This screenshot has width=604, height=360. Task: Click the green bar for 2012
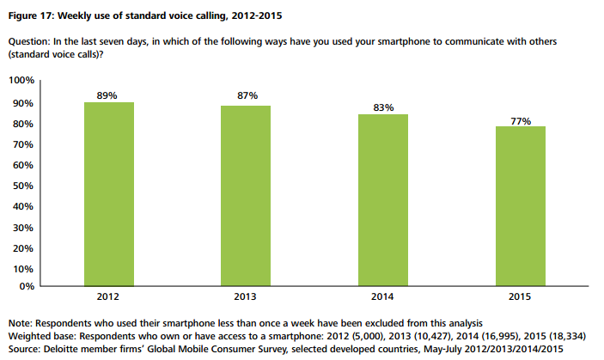[108, 193]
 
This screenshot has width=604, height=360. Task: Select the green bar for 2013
[246, 195]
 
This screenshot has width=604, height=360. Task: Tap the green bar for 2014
[383, 199]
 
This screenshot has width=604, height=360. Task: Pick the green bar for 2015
[521, 205]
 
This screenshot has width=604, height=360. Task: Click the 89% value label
[108, 95]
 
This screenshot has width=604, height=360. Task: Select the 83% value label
[383, 107]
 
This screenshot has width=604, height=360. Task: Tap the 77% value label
[521, 120]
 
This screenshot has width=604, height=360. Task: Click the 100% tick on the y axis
[21, 82]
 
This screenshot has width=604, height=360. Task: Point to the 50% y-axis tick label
[23, 186]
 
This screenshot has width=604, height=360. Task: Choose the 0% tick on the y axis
[27, 285]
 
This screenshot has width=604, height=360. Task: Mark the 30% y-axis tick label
[23, 228]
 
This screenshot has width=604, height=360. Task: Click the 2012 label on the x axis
[108, 297]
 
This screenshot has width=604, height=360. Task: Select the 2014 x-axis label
[383, 297]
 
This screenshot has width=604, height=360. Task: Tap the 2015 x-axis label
[521, 297]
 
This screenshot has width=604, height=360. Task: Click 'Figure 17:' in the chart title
[31, 15]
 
